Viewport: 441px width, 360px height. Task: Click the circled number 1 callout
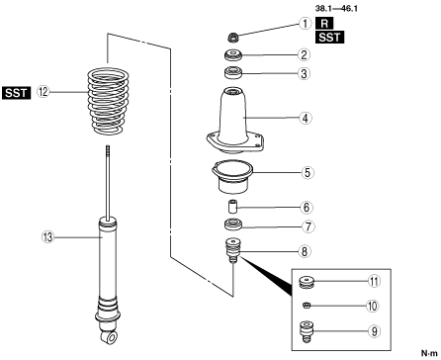(306, 24)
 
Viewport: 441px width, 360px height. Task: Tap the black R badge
(324, 23)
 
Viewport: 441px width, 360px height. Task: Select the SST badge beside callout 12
(17, 93)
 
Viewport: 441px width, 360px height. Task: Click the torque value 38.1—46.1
(336, 8)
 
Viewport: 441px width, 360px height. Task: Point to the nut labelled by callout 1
(233, 37)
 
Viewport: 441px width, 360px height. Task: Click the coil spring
(108, 101)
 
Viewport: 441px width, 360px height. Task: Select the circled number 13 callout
(48, 237)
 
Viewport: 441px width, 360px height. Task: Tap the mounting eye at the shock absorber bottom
(111, 337)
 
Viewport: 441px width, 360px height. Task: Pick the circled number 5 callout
(308, 172)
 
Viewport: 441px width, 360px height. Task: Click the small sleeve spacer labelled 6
(232, 207)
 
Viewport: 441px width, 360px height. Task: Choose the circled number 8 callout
(305, 251)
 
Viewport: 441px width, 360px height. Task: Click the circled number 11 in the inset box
(374, 281)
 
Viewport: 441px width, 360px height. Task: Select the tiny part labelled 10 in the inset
(307, 306)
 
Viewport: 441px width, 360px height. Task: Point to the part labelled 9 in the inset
(306, 331)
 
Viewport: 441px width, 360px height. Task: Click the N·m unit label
(429, 353)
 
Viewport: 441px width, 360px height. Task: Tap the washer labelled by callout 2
(233, 54)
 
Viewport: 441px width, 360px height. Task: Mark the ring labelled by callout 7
(233, 225)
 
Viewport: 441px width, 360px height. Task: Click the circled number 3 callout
(304, 73)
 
